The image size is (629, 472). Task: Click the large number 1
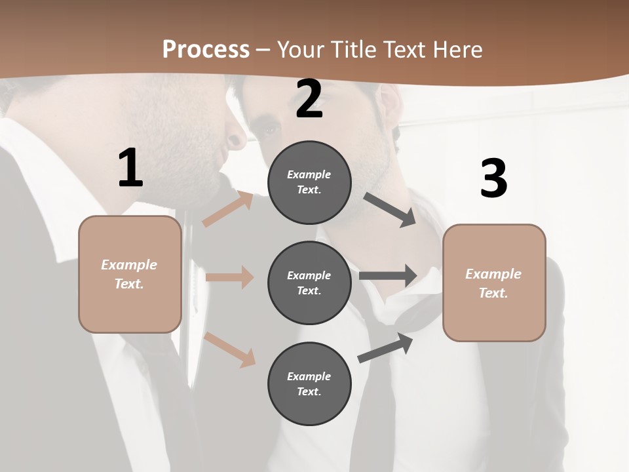click(130, 168)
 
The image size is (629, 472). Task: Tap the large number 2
click(309, 99)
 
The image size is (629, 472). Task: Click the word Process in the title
click(206, 49)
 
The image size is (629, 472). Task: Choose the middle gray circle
click(309, 283)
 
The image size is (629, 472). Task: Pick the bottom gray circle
click(309, 383)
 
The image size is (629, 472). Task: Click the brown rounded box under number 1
click(130, 274)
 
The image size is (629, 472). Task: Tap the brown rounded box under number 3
click(494, 283)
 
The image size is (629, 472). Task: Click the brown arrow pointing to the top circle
click(228, 209)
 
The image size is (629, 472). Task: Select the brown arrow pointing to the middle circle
click(229, 277)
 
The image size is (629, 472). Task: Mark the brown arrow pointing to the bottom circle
click(230, 349)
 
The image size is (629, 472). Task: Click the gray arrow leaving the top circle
click(391, 210)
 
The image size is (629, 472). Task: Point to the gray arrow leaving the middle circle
click(388, 275)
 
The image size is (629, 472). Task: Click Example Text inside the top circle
click(309, 182)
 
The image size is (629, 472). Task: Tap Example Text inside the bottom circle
click(309, 384)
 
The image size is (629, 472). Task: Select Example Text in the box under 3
click(493, 283)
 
